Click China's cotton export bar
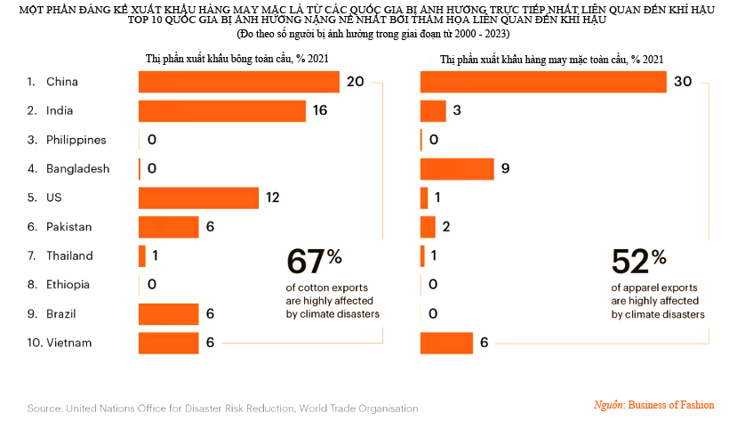pyautogui.click(x=238, y=82)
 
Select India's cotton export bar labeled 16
pyautogui.click(x=221, y=111)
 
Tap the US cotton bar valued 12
pyautogui.click(x=198, y=198)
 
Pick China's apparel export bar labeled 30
pyautogui.click(x=542, y=82)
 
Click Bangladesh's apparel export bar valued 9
pyautogui.click(x=456, y=169)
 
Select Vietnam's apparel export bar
pyautogui.click(x=446, y=343)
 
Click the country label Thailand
pyautogui.click(x=70, y=255)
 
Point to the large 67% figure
pyautogui.click(x=314, y=262)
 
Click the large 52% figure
pyautogui.click(x=638, y=262)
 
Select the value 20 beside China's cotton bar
pyautogui.click(x=356, y=82)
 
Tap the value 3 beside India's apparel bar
pyautogui.click(x=457, y=111)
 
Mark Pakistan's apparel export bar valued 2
pyautogui.click(x=427, y=227)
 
